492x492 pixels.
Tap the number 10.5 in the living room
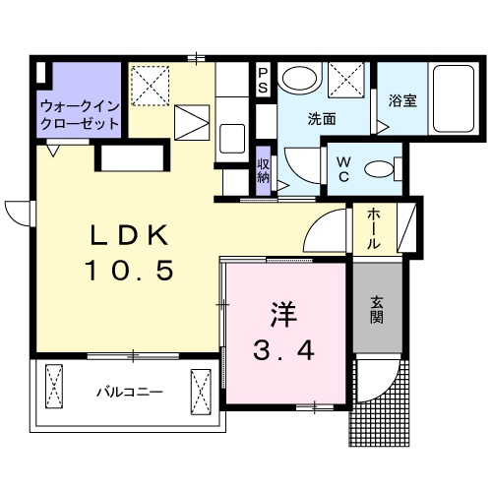[x=132, y=269]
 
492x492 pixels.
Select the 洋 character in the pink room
[x=283, y=316]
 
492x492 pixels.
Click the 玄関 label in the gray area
[x=378, y=312]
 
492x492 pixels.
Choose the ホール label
[x=378, y=228]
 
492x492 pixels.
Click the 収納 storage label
[x=264, y=170]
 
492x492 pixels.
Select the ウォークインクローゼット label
[x=79, y=115]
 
